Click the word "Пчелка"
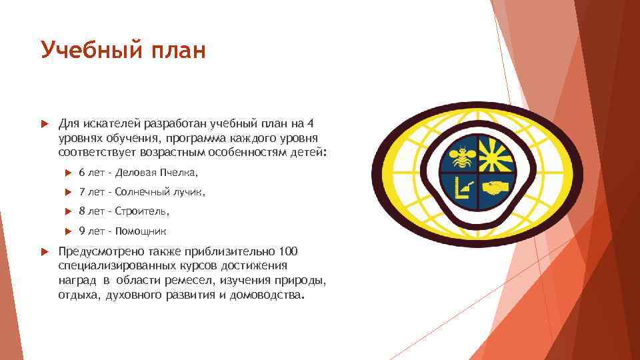point(178,173)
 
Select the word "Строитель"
point(143,211)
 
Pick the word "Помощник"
point(141,231)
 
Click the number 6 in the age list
point(81,173)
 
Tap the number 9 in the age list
point(81,231)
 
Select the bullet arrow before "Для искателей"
point(43,123)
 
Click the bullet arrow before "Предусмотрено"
point(43,251)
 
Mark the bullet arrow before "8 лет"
point(67,211)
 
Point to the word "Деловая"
point(136,173)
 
